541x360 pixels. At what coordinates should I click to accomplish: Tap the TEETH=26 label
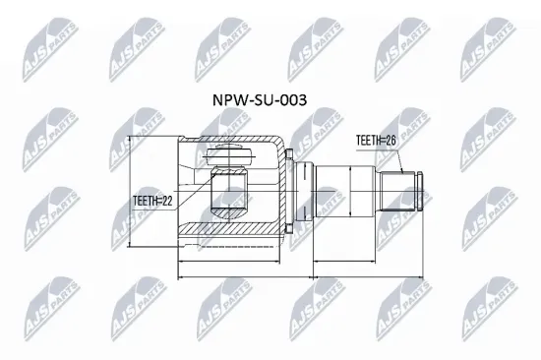378,142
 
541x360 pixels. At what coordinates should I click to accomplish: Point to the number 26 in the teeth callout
393,142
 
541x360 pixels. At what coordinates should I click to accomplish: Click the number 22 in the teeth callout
167,202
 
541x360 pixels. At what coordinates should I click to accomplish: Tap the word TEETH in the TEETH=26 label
368,142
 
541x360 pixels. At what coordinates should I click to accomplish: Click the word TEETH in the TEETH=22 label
145,202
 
